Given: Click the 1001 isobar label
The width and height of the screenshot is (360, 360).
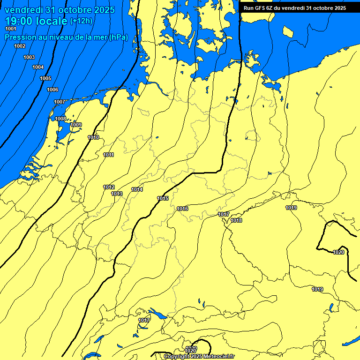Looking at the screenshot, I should click(x=10, y=29).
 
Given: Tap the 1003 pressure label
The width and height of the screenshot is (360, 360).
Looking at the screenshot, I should click(x=29, y=57).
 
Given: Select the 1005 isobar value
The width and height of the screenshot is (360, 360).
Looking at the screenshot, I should click(x=45, y=78).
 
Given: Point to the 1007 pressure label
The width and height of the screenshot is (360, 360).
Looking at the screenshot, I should click(x=60, y=102).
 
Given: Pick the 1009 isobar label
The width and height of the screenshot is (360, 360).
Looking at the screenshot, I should click(x=76, y=125).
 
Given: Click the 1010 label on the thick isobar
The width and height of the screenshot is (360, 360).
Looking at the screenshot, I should click(x=93, y=137).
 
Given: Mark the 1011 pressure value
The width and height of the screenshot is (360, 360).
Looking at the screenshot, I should click(x=108, y=155).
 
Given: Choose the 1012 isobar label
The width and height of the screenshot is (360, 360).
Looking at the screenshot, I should click(x=109, y=187).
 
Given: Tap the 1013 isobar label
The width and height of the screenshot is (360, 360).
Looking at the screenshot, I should click(x=117, y=194).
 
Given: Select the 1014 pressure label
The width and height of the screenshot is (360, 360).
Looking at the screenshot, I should click(x=137, y=189).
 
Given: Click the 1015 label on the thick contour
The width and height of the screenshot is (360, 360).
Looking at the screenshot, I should click(x=163, y=198).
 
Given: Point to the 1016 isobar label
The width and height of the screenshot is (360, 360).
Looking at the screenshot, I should click(x=182, y=209).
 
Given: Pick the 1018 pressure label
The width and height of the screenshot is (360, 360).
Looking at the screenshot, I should click(x=236, y=220).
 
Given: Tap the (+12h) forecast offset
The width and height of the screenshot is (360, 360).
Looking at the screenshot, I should click(x=81, y=21).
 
